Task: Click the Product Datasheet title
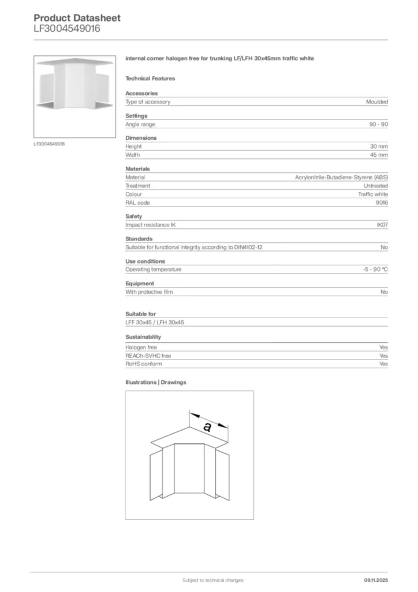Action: coord(77,18)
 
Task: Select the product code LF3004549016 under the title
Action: coord(67,28)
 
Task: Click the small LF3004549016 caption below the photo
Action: coord(49,143)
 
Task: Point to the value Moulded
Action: coord(376,102)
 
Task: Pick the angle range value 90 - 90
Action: coord(379,124)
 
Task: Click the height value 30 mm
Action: coord(379,147)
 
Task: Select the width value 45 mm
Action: coord(379,155)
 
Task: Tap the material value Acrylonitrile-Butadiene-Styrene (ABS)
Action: coord(341,177)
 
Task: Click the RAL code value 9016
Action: coord(382,203)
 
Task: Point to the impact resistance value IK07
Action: coord(382,225)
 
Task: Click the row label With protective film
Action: coord(149,292)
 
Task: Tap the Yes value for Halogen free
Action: coord(383,347)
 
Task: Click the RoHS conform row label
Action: coord(144,364)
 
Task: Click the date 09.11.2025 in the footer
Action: coord(376,580)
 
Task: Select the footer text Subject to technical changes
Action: coord(212,580)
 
